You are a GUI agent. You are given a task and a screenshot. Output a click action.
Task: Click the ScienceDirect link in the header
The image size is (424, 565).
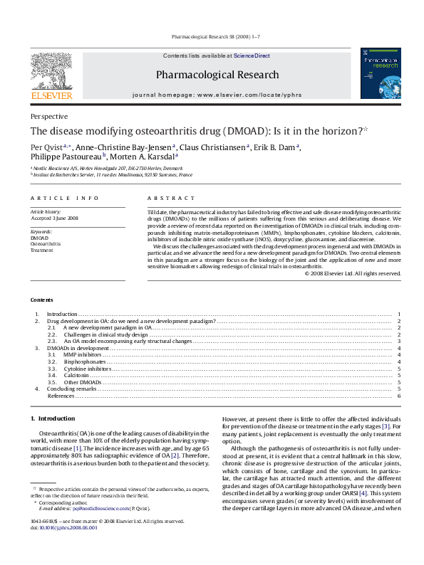(252, 56)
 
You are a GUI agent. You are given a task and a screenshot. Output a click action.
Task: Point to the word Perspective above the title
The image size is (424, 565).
(49, 116)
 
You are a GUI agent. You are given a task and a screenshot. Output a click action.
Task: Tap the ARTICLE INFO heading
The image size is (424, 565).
(65, 199)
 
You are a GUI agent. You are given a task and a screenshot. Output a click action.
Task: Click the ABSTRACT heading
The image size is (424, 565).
(171, 199)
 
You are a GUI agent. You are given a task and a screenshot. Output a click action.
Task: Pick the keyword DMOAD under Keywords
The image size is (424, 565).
(40, 237)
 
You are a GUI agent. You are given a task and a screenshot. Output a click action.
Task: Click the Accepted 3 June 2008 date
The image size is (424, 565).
(54, 218)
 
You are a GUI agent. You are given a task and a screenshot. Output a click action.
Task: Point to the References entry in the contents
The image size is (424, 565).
(61, 396)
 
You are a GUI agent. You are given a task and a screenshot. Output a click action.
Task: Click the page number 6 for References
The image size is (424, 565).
(399, 396)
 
